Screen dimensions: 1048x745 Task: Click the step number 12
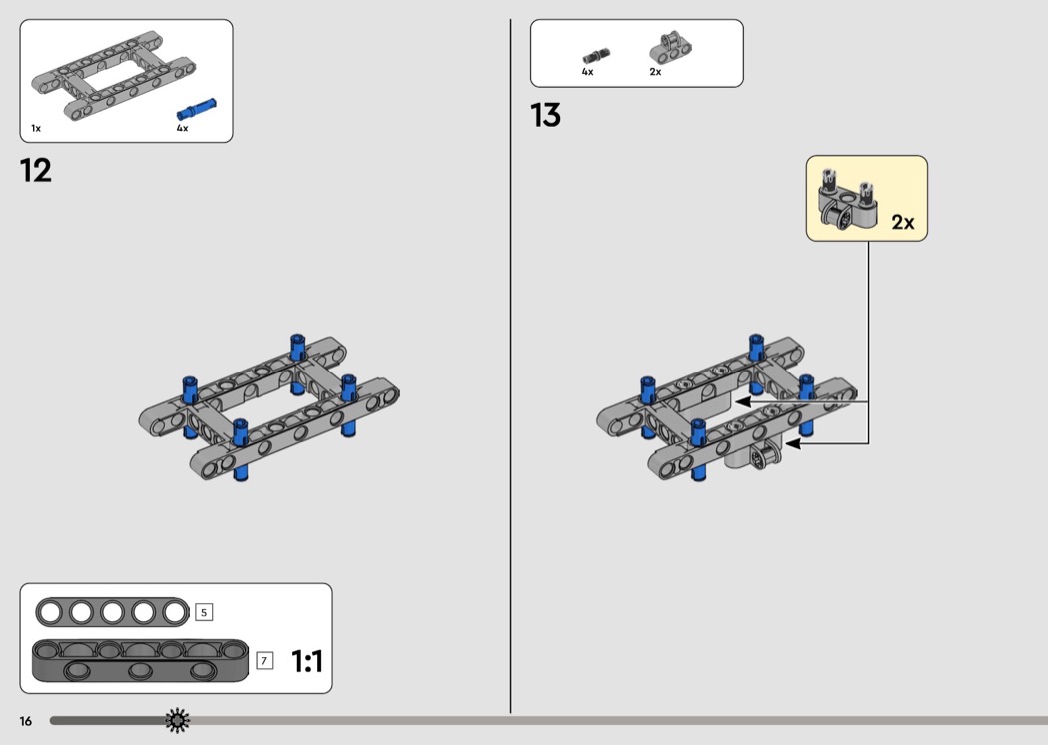point(36,170)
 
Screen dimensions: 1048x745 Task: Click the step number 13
point(546,116)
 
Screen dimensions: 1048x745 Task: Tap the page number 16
point(25,720)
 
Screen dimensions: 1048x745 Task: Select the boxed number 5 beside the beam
point(204,612)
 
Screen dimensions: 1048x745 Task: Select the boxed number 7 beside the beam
point(264,660)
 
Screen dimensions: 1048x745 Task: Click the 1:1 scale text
point(307,661)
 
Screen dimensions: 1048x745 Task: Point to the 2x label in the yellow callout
point(902,222)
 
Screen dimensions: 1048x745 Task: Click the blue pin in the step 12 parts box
point(197,108)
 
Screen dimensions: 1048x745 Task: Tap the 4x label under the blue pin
point(182,128)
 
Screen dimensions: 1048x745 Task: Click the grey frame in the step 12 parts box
point(112,77)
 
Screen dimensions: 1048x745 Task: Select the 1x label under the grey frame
point(36,128)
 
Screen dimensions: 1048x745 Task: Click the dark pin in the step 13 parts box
point(596,55)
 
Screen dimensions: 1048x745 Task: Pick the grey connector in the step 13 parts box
point(670,47)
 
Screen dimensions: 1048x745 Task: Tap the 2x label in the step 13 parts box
point(655,72)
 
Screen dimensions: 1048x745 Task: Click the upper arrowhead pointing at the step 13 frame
point(742,401)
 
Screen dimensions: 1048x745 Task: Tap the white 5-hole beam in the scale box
point(111,612)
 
